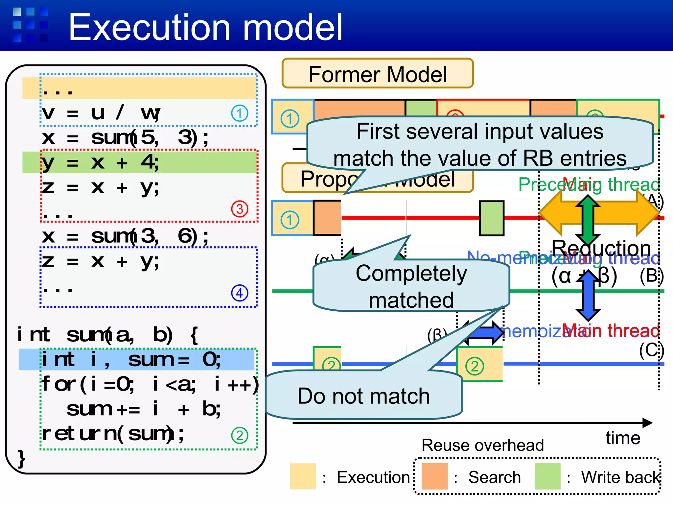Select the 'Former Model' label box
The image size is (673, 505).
pos(377,74)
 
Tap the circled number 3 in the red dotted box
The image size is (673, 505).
pos(240,209)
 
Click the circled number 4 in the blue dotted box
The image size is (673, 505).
pos(240,293)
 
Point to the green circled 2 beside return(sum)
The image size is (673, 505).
pos(240,435)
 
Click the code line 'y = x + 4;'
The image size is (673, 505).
pos(101,162)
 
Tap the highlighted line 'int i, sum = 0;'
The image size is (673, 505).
pos(131,359)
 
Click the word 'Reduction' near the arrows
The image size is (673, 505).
pos(601,248)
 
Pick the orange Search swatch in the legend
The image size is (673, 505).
pos(434,476)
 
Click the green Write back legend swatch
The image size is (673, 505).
pos(547,476)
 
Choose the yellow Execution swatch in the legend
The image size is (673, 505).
pos(303,476)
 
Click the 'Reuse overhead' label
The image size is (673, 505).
pos(482,445)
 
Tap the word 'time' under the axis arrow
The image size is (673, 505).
pos(623,438)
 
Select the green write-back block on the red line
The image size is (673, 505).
pos(492,218)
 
